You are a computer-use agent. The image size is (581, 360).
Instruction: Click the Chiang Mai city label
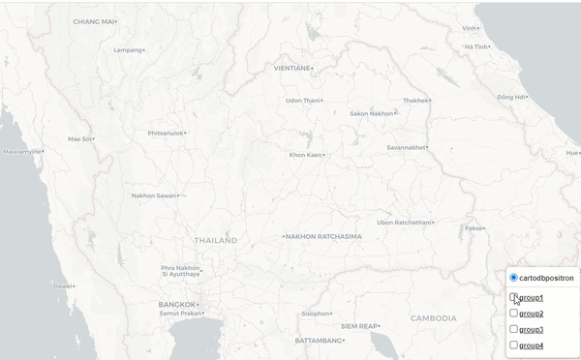[x=93, y=20]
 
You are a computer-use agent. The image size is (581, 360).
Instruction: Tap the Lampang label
[x=128, y=49]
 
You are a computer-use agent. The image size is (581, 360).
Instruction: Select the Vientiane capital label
[x=292, y=68]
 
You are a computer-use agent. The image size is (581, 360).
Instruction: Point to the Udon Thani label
[x=302, y=100]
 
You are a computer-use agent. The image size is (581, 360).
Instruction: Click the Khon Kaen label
[x=305, y=154]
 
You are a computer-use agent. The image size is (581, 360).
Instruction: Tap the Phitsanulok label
[x=166, y=133]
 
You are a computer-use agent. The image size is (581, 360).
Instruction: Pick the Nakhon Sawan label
[x=154, y=195]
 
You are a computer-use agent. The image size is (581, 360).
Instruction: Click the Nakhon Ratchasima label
[x=323, y=236]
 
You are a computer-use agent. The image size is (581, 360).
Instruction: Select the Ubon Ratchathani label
[x=403, y=222]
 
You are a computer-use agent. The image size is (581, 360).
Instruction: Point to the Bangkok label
[x=177, y=304]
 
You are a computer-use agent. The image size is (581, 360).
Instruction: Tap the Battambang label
[x=319, y=341]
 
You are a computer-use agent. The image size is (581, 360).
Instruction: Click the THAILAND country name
[x=215, y=239]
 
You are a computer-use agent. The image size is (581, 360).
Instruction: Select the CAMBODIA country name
[x=433, y=317]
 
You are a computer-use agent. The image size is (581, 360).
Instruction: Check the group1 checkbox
[x=513, y=297]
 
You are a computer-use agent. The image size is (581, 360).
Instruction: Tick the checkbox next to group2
[x=513, y=313]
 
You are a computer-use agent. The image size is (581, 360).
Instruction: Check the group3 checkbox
[x=513, y=329]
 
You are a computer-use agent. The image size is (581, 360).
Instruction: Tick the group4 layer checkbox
[x=513, y=345]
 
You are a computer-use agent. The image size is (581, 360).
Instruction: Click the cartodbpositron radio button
[x=513, y=278]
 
